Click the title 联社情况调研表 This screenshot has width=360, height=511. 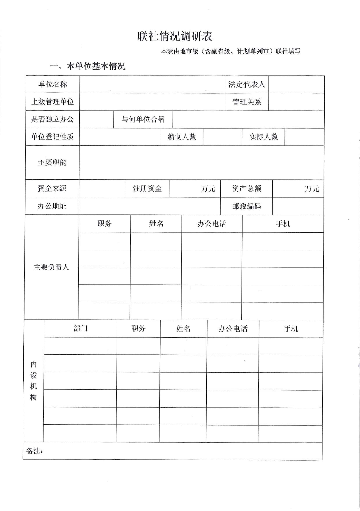[175, 36]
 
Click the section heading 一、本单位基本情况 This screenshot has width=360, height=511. [88, 66]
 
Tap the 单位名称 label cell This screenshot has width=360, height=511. [53, 84]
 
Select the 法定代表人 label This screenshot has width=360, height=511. [246, 84]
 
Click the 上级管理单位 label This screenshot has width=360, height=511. [53, 102]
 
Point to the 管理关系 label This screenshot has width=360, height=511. [246, 102]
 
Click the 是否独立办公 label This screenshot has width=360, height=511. [53, 119]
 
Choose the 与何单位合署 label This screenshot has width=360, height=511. [143, 119]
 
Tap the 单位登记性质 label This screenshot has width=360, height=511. [53, 137]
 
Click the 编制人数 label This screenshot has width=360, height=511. [182, 137]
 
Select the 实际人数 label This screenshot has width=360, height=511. [263, 137]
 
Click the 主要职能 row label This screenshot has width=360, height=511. [53, 162]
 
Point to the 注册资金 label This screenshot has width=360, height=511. [147, 189]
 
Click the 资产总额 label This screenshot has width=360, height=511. [246, 189]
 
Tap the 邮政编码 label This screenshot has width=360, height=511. [246, 206]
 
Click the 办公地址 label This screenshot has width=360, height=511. [53, 206]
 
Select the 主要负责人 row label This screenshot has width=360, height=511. [51, 267]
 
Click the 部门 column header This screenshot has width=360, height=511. [80, 328]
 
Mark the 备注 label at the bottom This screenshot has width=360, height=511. [35, 451]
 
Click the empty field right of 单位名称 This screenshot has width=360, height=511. [152, 84]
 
